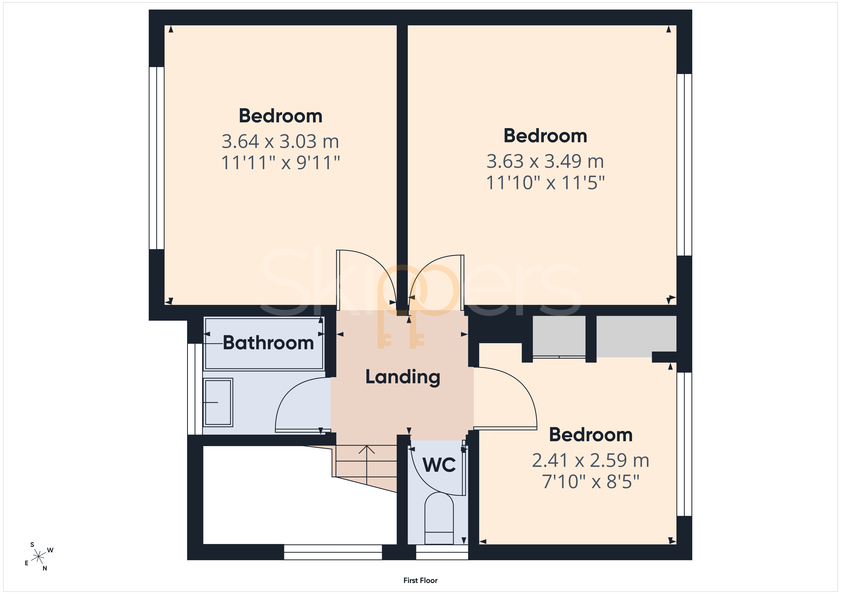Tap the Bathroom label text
tap(269, 343)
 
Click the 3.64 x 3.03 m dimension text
tap(280, 142)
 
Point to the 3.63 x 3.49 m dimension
tap(545, 161)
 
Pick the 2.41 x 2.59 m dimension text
tap(590, 460)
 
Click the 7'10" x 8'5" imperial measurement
tap(590, 482)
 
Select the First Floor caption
tap(420, 580)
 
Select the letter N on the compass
tap(45, 568)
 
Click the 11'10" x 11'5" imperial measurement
tap(545, 183)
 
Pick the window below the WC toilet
tap(442, 552)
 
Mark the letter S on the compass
tap(32, 545)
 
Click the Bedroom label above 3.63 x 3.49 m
tap(545, 136)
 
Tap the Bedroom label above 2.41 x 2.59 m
tap(591, 435)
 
